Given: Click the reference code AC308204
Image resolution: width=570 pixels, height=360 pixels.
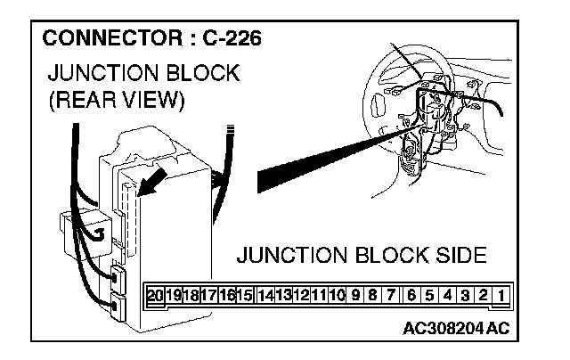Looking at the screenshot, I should (443, 327).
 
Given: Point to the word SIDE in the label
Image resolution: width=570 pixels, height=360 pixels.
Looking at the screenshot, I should (458, 258).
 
